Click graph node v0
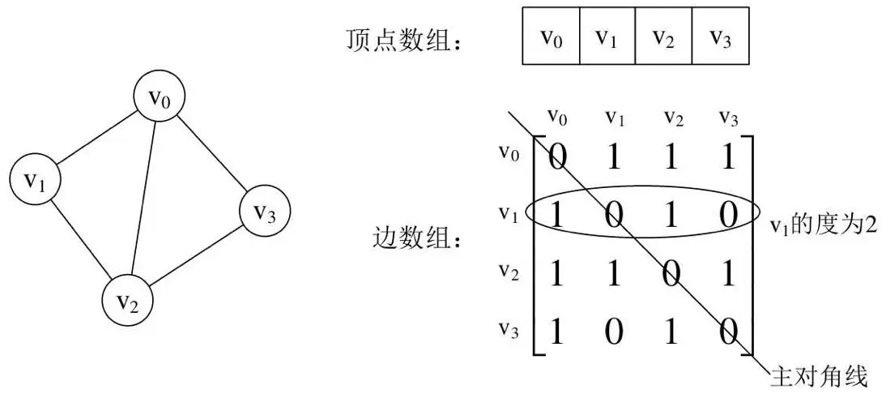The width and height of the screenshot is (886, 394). pos(160,99)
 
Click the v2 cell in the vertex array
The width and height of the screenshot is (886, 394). pos(663,37)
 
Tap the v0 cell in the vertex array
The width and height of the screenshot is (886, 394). pos(551,37)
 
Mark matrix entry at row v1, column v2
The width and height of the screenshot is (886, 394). pos(670,213)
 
